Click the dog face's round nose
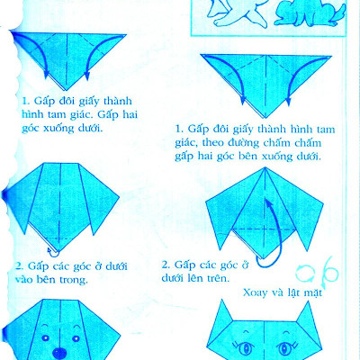(60, 351)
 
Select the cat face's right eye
(290, 345)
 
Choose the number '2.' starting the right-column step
(166, 265)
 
